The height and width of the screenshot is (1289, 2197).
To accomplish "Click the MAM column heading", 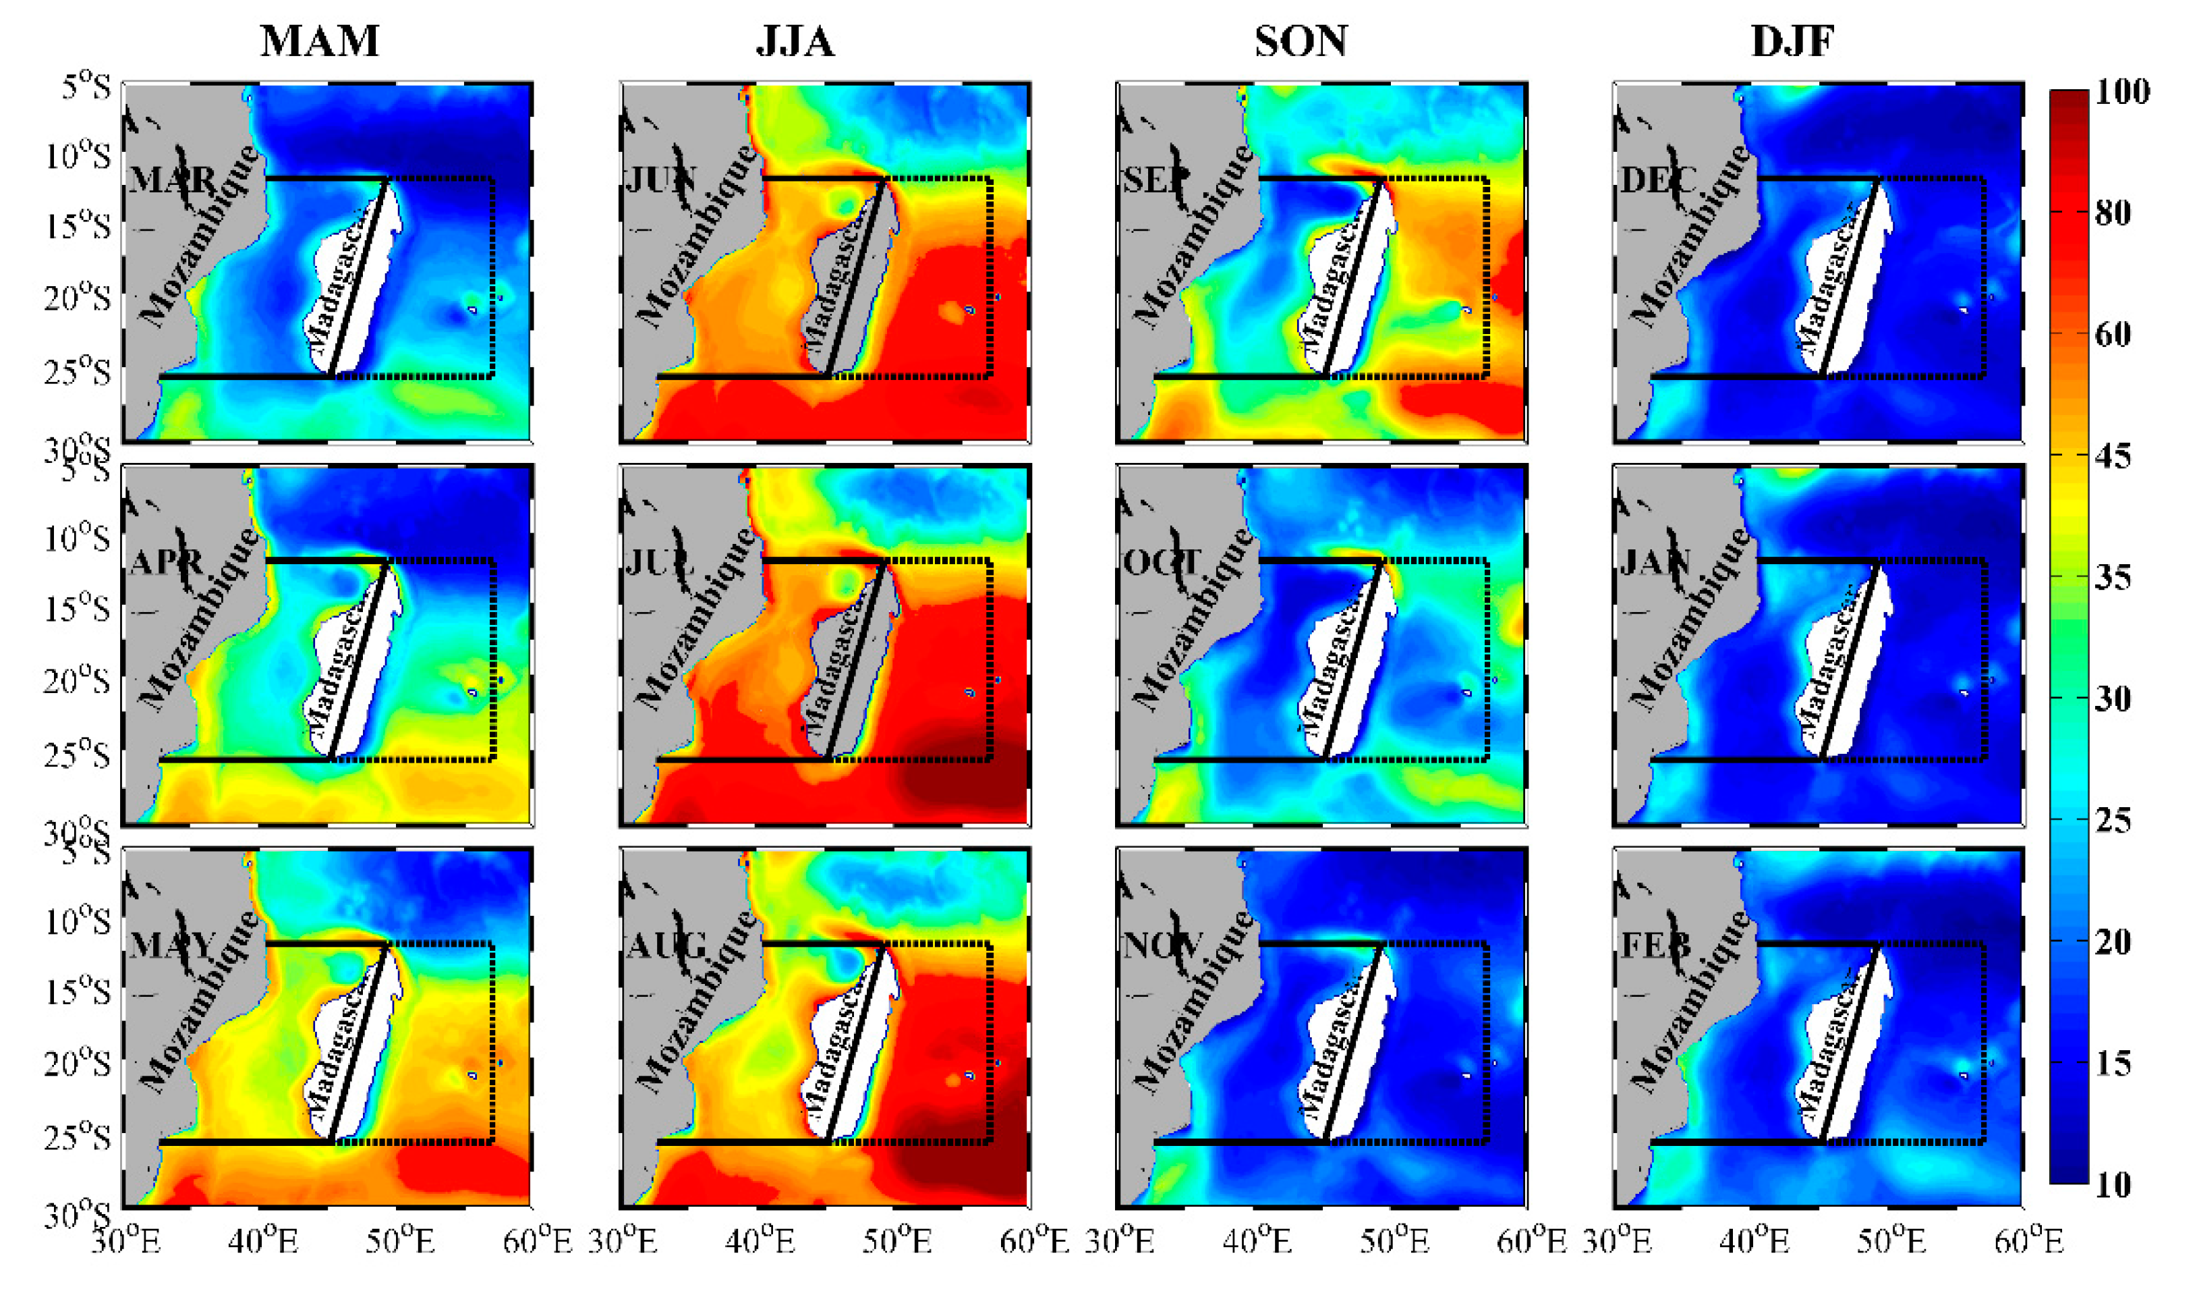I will click(319, 41).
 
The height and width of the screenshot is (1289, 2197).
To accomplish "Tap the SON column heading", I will click(1301, 41).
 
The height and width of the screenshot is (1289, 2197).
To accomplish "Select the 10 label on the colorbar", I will click(2111, 1184).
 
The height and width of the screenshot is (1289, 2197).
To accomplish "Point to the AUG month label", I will click(666, 945).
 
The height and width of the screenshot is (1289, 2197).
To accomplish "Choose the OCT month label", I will click(1160, 563).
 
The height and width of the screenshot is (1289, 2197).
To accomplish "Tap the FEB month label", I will click(1655, 945).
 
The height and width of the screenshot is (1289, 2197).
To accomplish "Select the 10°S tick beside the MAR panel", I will click(78, 157).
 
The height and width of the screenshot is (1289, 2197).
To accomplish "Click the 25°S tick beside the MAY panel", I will click(78, 1137).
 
